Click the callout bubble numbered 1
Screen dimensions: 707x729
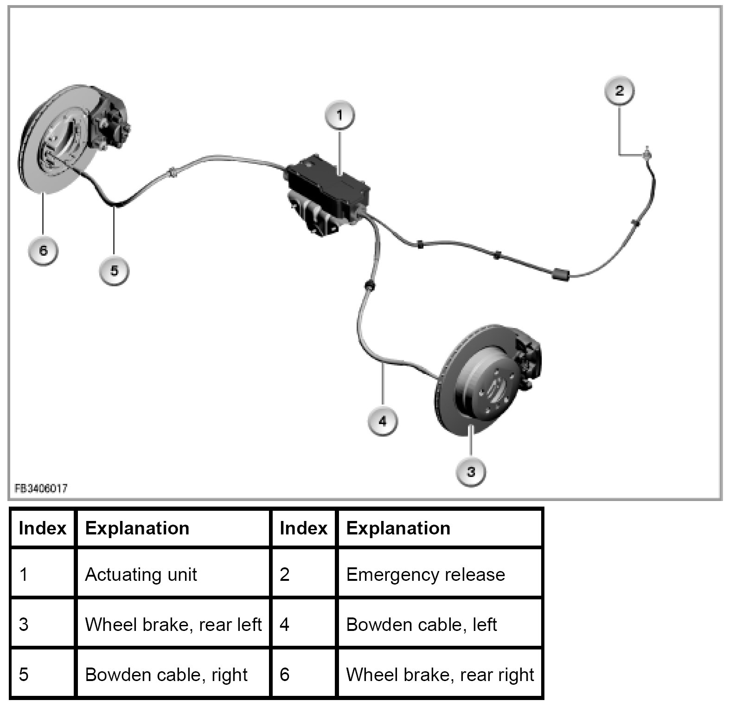[x=339, y=115]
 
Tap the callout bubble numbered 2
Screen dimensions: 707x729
[x=620, y=90]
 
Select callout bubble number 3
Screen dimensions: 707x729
[x=471, y=472]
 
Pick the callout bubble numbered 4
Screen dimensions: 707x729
[x=382, y=421]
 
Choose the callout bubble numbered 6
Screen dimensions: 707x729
[x=43, y=251]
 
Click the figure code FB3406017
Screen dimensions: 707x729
[x=41, y=488]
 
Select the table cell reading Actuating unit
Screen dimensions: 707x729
[x=141, y=574]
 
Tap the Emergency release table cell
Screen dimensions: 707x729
[x=425, y=574]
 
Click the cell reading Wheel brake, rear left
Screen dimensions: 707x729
[x=173, y=624]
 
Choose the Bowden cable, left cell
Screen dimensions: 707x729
[x=421, y=624]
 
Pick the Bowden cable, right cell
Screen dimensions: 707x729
[x=166, y=674]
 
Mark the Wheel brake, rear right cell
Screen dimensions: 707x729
[x=440, y=674]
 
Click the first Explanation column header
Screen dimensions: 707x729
[x=137, y=528]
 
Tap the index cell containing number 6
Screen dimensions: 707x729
[x=285, y=674]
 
